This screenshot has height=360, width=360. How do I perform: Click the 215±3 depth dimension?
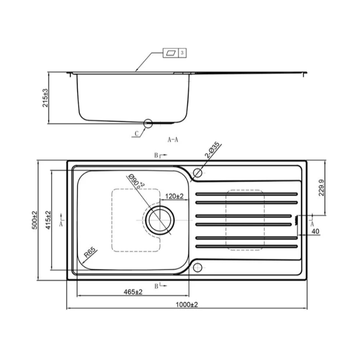[x=45, y=98]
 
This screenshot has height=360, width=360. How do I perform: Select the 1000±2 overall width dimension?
[x=187, y=305]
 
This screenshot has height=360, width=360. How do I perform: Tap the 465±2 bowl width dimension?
[x=133, y=292]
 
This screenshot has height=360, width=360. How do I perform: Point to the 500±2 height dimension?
[x=34, y=220]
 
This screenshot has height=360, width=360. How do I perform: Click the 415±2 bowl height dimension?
[x=48, y=220]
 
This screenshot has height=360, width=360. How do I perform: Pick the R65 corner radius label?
[x=89, y=253]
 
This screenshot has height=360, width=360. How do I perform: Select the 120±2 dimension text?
[x=174, y=196]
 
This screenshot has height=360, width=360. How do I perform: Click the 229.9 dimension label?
[x=321, y=188]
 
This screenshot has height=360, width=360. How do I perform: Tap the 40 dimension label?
[x=315, y=231]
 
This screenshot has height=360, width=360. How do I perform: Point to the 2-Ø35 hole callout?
[x=213, y=150]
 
